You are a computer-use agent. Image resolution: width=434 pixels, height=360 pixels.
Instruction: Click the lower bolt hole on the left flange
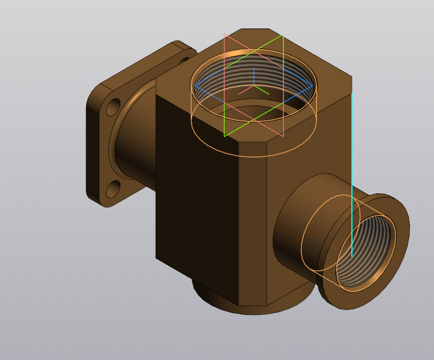(114, 188)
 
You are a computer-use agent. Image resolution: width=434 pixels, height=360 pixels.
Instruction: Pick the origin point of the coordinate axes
(253, 87)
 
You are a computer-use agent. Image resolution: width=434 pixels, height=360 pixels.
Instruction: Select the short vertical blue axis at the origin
(253, 78)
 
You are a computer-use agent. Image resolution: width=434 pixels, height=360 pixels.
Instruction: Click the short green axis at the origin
(262, 91)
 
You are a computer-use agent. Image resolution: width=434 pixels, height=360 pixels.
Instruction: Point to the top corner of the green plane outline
(283, 35)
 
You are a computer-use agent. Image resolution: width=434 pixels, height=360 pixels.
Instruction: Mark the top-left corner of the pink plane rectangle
(225, 35)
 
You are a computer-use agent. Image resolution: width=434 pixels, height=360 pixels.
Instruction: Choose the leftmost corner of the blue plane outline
(194, 86)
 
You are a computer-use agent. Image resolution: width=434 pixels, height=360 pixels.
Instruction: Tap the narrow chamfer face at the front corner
(253, 228)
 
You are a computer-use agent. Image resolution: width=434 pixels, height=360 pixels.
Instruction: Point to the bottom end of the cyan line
(351, 256)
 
